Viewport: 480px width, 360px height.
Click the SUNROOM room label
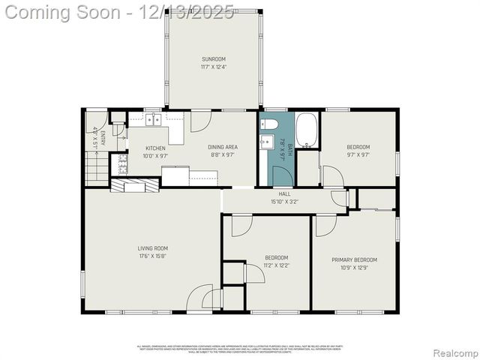pyautogui.click(x=213, y=59)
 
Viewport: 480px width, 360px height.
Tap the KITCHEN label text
pyautogui.click(x=155, y=148)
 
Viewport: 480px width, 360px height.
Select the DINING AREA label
pyautogui.click(x=223, y=147)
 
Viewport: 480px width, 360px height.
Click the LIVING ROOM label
pyautogui.click(x=152, y=248)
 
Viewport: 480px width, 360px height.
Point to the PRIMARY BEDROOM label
pyautogui.click(x=354, y=260)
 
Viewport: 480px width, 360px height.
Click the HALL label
pyautogui.click(x=284, y=194)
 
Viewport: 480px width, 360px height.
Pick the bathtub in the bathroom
pyautogui.click(x=307, y=130)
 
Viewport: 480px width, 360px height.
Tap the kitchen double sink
pyautogui.click(x=154, y=119)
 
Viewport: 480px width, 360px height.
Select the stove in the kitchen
pyautogui.click(x=119, y=164)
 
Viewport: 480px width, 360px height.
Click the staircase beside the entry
pyautogui.click(x=97, y=168)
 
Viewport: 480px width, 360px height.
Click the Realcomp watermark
pyautogui.click(x=453, y=353)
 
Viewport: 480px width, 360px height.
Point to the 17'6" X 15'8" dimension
pyautogui.click(x=152, y=256)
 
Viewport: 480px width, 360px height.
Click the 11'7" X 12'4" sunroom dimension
pyautogui.click(x=213, y=67)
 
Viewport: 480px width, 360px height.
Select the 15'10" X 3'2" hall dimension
pyautogui.click(x=284, y=201)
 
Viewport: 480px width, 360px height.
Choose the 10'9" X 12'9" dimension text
pyautogui.click(x=354, y=268)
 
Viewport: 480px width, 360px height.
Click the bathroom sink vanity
pyautogui.click(x=266, y=142)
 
